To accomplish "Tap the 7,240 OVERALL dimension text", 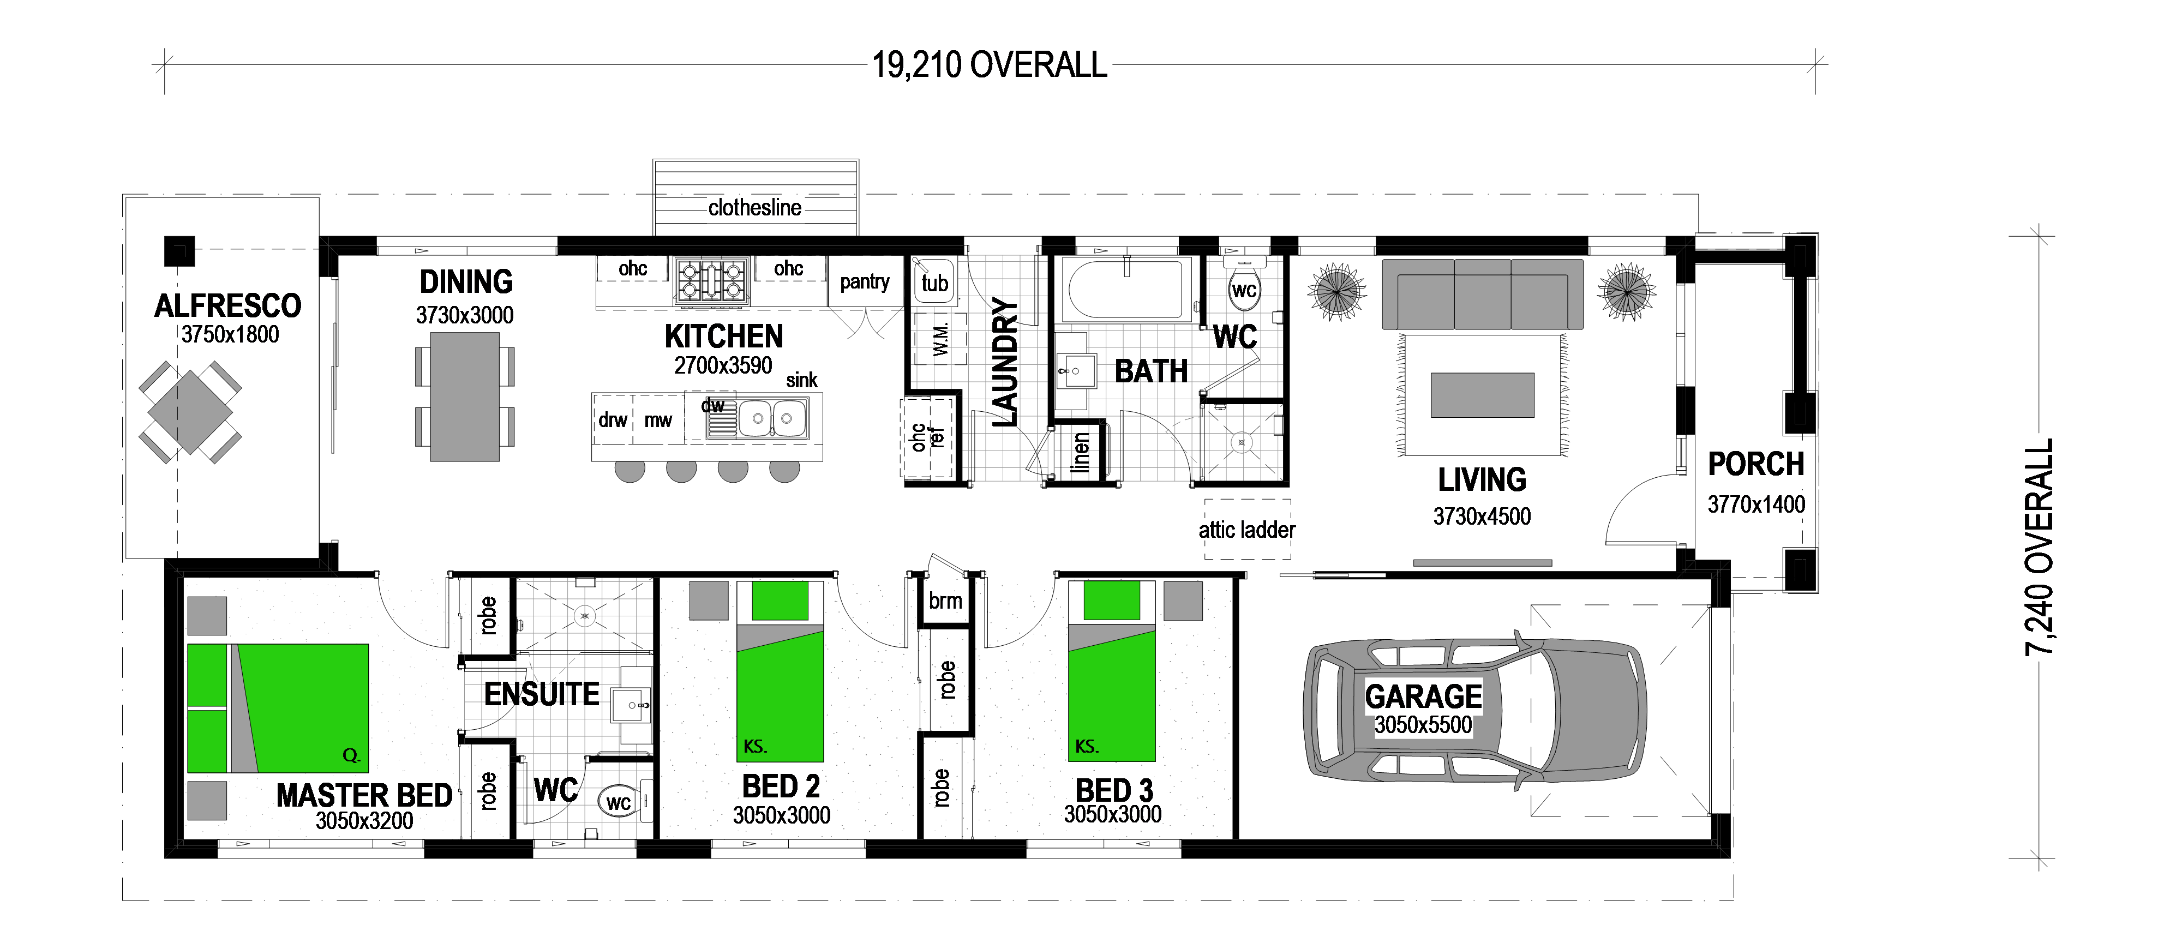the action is click(2040, 548).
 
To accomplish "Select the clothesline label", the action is click(755, 208).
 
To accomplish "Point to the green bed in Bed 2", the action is click(780, 671).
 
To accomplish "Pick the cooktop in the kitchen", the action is click(711, 280).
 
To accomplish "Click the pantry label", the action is click(865, 282).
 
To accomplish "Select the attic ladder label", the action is click(1247, 530).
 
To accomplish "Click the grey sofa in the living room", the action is click(1482, 294).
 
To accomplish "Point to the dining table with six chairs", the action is click(465, 397).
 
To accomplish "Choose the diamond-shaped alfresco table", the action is click(190, 413).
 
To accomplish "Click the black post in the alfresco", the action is click(179, 251).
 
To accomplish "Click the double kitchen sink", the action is click(772, 418).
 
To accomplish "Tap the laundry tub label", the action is click(935, 283).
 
